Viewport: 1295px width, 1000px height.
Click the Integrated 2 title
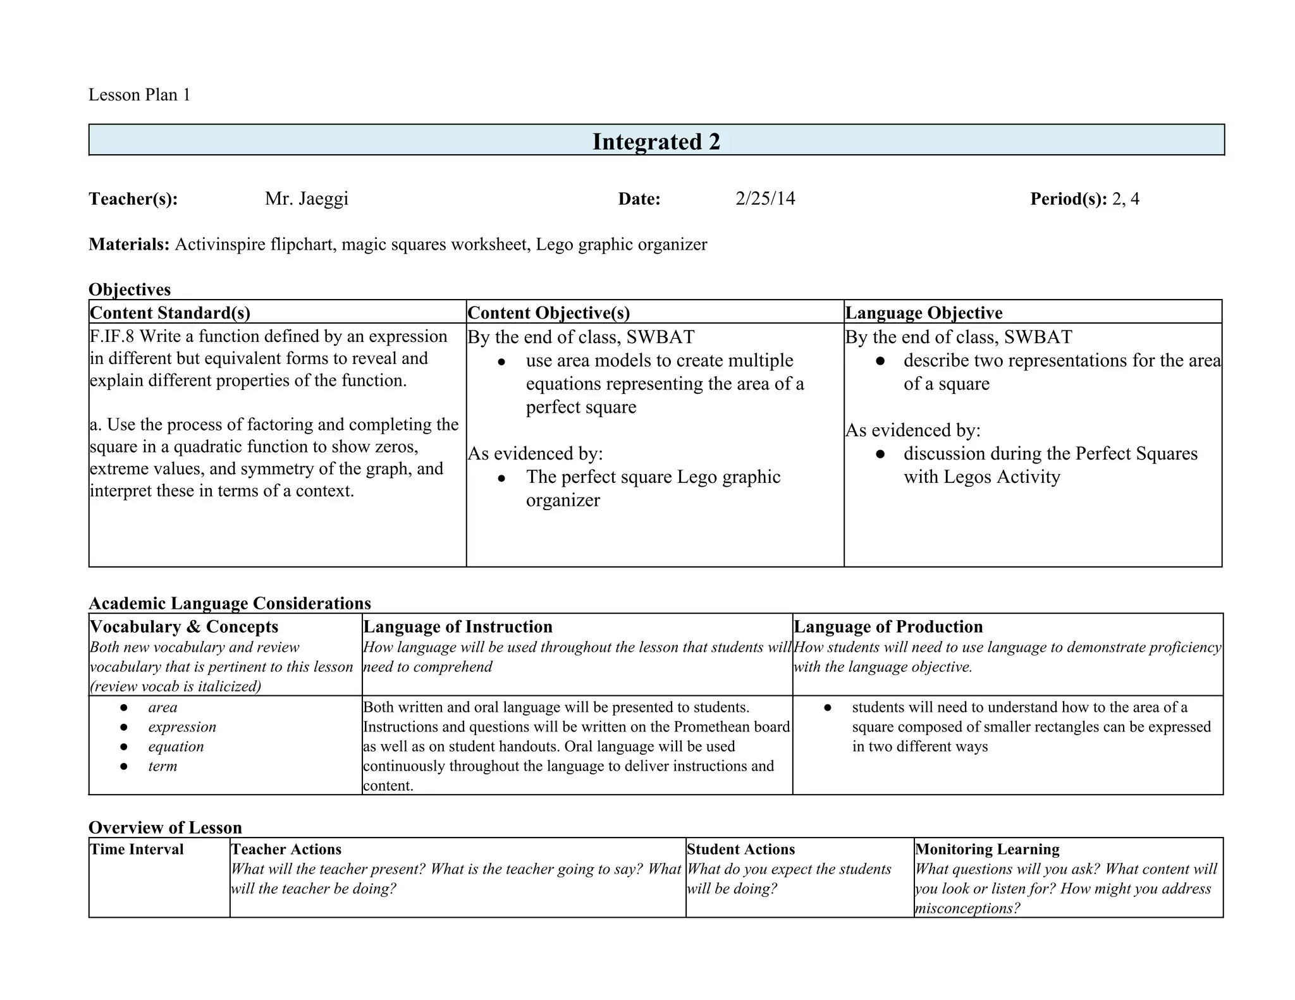tap(656, 142)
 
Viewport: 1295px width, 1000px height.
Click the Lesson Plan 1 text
tap(139, 95)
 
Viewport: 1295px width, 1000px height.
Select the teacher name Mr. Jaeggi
tap(306, 198)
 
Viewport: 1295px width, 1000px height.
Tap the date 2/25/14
tap(764, 198)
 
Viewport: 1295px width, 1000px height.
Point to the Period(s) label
tap(1068, 199)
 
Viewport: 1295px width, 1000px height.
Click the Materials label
tap(129, 244)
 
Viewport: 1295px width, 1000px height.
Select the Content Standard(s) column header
tap(170, 313)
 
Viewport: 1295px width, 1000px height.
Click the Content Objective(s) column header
tap(548, 313)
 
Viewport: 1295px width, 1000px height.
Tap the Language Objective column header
tap(923, 313)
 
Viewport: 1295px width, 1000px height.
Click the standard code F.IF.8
tap(112, 336)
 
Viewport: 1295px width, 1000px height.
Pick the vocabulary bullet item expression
tap(182, 727)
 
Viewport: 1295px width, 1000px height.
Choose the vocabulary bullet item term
tap(163, 766)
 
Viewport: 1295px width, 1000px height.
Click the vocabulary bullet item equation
tap(176, 747)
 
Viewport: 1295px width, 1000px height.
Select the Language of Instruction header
tap(458, 626)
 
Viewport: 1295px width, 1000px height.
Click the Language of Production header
tap(888, 626)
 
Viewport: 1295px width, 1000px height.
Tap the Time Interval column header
tap(137, 849)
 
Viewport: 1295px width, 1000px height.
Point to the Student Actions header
tap(740, 849)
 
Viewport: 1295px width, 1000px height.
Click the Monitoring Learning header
tap(986, 849)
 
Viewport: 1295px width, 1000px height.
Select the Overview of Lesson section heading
tap(165, 827)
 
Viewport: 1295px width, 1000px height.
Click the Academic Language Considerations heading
tap(230, 603)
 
